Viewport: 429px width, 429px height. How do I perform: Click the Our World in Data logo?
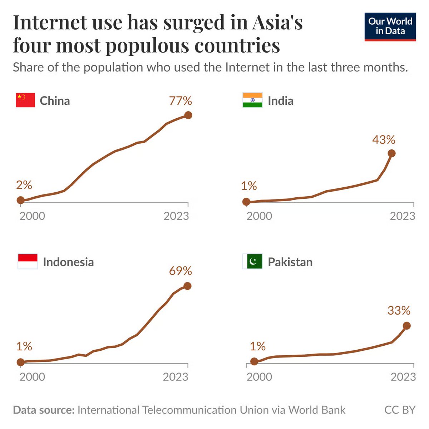tap(390, 26)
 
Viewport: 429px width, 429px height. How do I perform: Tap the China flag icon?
tap(25, 100)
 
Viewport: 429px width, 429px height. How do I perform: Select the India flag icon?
tap(252, 100)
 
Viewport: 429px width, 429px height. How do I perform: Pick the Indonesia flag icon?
tap(28, 262)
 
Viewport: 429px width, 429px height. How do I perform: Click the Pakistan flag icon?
tap(252, 262)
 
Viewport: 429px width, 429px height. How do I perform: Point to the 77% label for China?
tap(181, 101)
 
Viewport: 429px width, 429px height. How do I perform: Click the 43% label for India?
tap(384, 140)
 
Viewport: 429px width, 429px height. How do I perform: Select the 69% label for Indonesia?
tap(181, 271)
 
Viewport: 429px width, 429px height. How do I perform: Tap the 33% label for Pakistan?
tap(399, 310)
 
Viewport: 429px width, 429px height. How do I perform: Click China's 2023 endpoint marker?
tap(188, 115)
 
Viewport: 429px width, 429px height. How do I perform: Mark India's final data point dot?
tap(391, 153)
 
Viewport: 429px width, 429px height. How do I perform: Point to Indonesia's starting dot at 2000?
tap(21, 362)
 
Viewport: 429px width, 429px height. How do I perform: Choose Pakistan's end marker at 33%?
tap(406, 326)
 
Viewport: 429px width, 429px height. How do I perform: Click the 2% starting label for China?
tap(24, 185)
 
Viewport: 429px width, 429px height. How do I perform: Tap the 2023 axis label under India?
tap(403, 216)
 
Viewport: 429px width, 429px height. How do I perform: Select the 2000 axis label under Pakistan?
tap(259, 377)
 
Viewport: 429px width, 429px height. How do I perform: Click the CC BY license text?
tap(400, 410)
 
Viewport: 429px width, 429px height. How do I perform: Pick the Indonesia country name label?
tap(68, 262)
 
